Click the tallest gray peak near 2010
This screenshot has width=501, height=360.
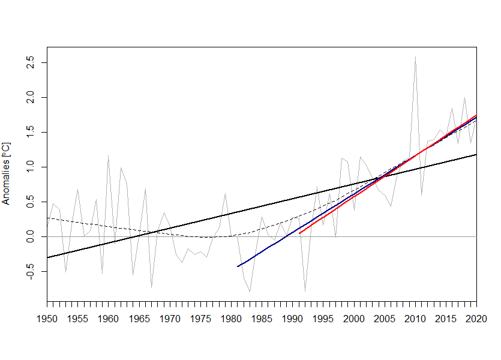coord(415,57)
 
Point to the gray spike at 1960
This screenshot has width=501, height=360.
coord(109,156)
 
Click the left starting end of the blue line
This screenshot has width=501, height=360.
coord(238,266)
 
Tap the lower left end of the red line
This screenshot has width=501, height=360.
coord(299,233)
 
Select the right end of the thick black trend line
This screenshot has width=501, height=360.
coord(476,155)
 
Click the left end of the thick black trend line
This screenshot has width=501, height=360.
coord(47,258)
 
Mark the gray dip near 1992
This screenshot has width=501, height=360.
coord(305,292)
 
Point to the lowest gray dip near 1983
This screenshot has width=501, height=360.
coord(250,292)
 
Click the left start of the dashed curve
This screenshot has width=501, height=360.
coord(47,218)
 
